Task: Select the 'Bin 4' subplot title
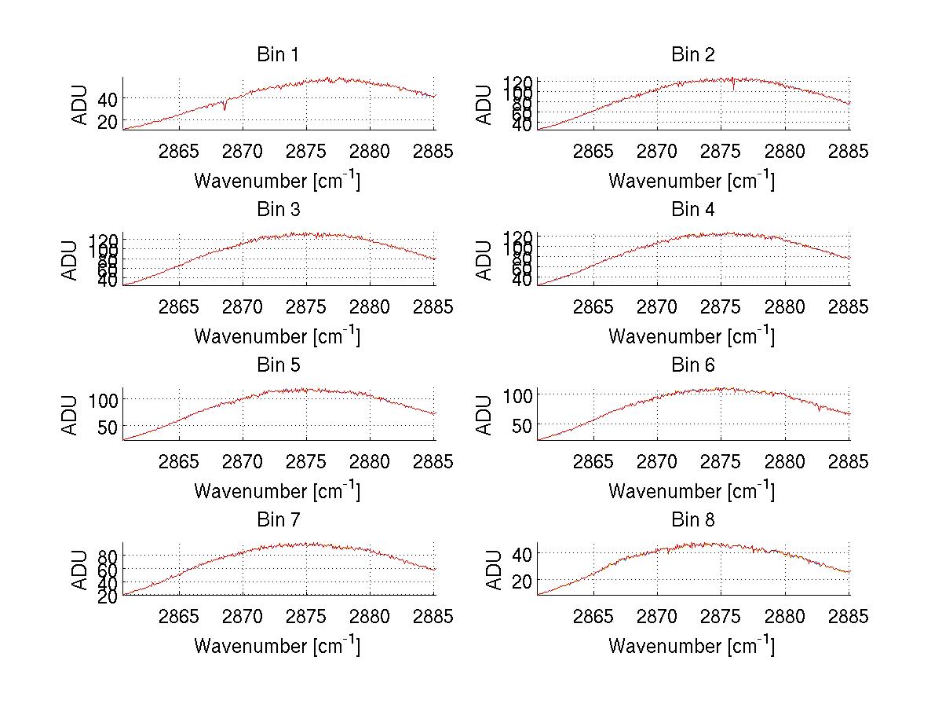point(692,210)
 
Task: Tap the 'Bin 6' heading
point(692,365)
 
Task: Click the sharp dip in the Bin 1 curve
point(225,108)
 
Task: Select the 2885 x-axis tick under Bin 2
point(849,152)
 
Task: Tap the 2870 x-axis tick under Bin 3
point(243,306)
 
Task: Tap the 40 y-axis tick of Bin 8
point(520,554)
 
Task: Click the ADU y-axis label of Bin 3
point(71,260)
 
